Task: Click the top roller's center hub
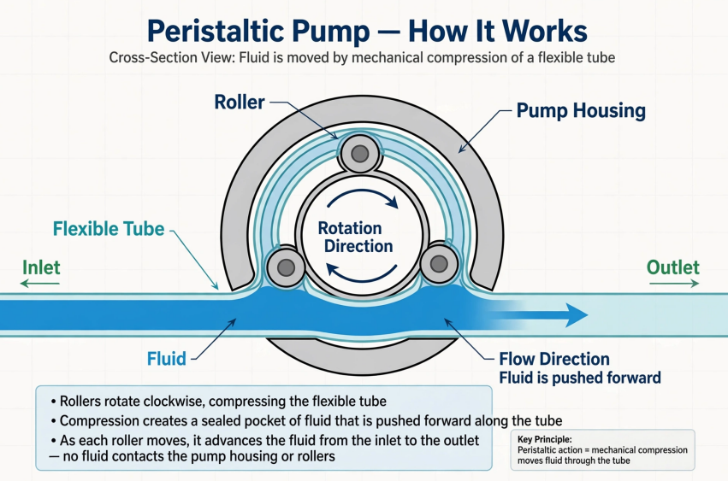pos(360,154)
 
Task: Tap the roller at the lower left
pos(286,267)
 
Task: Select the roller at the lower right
pos(439,264)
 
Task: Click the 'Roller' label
pos(240,102)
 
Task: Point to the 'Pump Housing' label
pos(581,111)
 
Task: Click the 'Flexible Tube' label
pos(109,229)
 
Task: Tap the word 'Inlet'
pos(41,267)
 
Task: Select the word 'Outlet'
pos(672,267)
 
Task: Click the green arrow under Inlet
pos(40,283)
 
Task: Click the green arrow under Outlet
pos(674,283)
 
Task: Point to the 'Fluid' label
pos(167,359)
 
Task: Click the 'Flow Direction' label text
pos(554,359)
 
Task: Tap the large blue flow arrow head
pos(577,315)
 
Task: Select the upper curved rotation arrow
pos(363,197)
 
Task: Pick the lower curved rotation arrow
pos(361,273)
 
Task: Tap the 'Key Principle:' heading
pos(545,439)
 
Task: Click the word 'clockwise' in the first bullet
pos(175,402)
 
